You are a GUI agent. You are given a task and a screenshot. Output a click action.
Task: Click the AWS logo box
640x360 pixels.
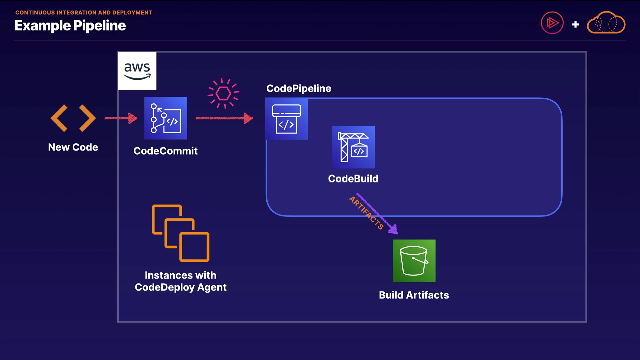point(137,71)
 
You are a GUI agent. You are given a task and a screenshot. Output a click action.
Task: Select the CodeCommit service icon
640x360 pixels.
point(166,118)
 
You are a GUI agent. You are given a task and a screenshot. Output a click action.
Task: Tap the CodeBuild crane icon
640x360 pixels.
point(353,147)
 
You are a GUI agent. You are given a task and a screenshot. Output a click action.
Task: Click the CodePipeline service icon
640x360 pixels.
point(286,119)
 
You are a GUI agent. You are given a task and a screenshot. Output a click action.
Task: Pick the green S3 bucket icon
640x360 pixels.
point(414,261)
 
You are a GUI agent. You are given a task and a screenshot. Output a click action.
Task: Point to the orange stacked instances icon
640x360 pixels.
point(181,233)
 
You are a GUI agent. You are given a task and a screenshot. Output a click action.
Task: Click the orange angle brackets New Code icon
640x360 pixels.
point(73,118)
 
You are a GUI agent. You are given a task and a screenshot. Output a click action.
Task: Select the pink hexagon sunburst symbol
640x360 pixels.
point(223,93)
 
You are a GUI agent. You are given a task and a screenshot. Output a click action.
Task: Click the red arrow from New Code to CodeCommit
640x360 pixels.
point(121,118)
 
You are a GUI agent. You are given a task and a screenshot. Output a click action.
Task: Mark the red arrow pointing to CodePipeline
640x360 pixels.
point(224,118)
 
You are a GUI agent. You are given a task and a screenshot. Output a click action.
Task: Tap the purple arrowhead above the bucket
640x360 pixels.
point(394,229)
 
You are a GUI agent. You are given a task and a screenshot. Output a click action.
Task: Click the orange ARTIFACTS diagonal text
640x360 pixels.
point(366,213)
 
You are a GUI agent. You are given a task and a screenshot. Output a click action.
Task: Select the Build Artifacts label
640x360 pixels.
point(414,295)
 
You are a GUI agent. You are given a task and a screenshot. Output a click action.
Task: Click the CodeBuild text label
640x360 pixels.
point(353,179)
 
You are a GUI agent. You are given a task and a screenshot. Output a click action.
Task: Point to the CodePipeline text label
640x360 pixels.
point(299,88)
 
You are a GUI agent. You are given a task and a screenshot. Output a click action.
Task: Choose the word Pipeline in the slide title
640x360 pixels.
point(99,26)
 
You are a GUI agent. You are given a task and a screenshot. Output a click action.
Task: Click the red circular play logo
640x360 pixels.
point(552,23)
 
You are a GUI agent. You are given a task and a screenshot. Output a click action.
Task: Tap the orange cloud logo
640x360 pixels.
point(606,23)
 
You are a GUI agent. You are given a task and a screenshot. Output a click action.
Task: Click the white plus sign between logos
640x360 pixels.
point(575,24)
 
